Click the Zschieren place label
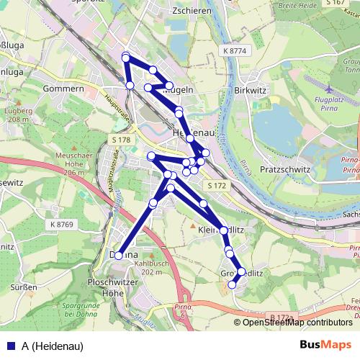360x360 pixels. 171,13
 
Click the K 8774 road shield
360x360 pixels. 235,51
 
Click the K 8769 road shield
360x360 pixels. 62,225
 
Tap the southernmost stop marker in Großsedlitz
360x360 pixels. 232,285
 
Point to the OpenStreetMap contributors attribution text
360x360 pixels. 297,323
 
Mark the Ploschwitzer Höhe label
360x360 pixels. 104,287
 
